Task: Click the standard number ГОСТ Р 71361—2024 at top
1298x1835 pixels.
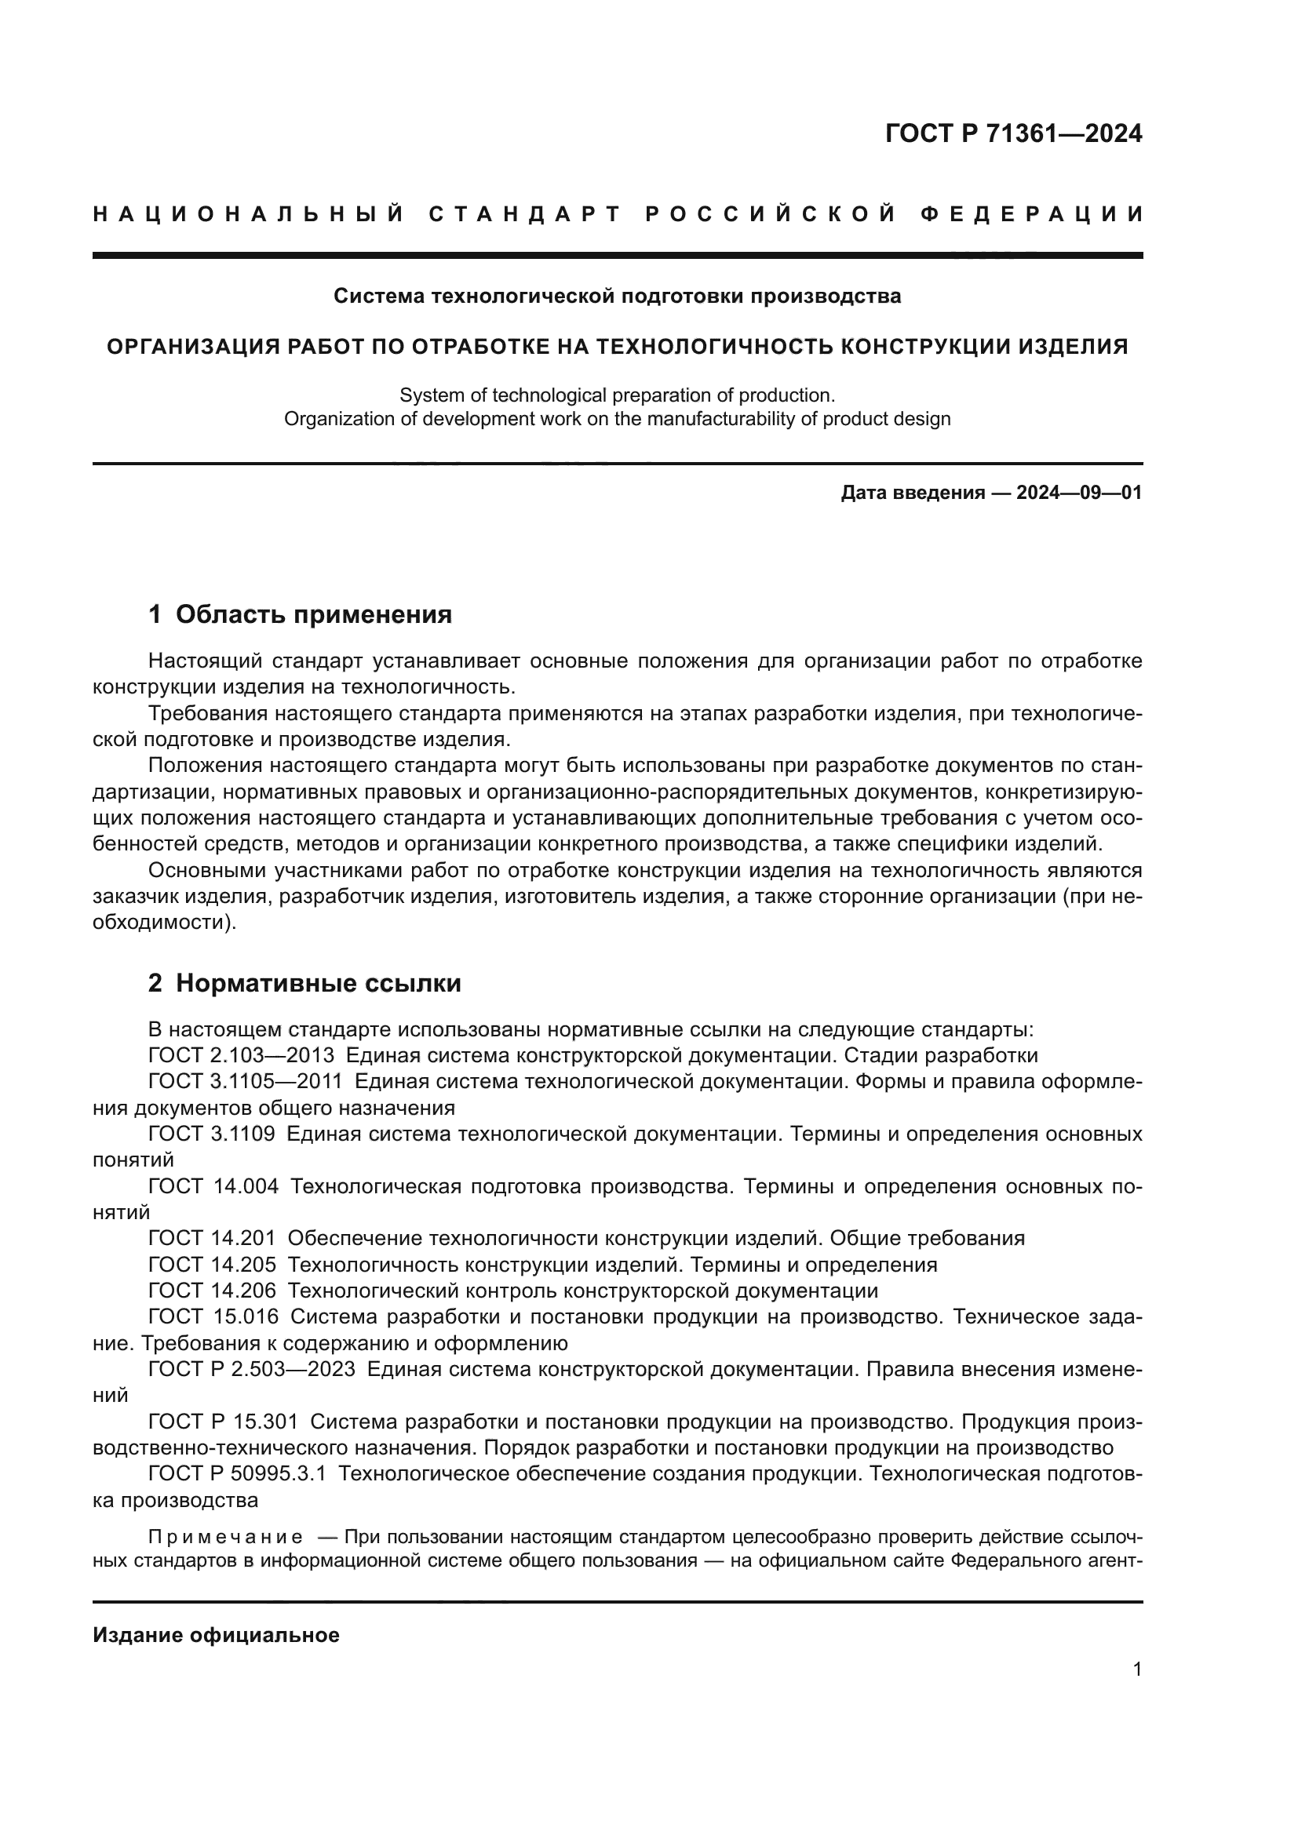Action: click(1012, 133)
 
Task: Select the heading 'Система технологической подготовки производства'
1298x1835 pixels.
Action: click(616, 297)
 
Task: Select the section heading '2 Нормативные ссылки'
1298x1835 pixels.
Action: click(304, 983)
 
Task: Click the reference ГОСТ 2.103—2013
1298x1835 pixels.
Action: click(241, 1056)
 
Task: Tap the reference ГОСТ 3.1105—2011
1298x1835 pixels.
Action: click(245, 1082)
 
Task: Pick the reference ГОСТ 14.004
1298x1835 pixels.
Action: click(213, 1187)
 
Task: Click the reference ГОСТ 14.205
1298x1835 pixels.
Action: click(212, 1265)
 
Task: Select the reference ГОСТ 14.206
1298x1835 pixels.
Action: click(212, 1291)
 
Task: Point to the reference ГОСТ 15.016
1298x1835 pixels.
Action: click(213, 1317)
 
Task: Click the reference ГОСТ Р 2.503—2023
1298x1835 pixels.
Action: click(251, 1370)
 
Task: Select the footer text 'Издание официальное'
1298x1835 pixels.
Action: click(216, 1635)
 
